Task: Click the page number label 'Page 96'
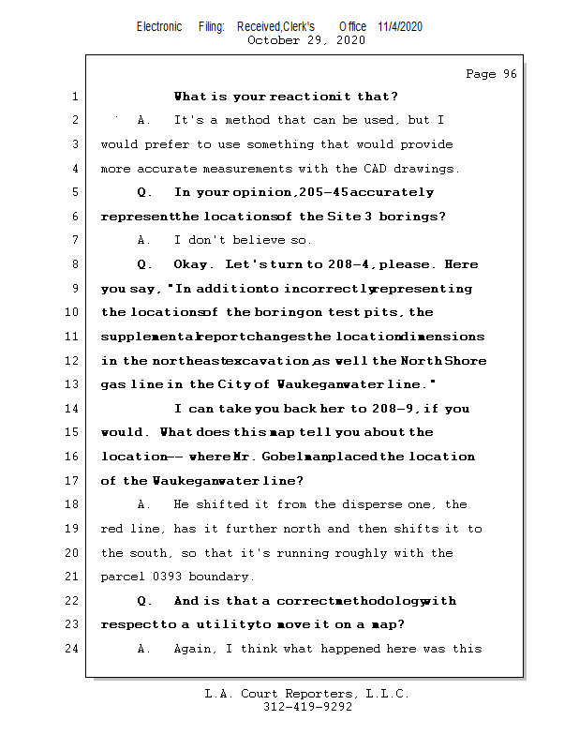pyautogui.click(x=491, y=74)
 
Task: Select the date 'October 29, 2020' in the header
pyautogui.click(x=305, y=40)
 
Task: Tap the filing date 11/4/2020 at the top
pyautogui.click(x=400, y=26)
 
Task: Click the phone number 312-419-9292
pyautogui.click(x=306, y=707)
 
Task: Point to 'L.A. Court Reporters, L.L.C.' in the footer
pyautogui.click(x=306, y=694)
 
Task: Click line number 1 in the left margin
pyautogui.click(x=74, y=97)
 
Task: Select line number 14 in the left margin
pyautogui.click(x=74, y=409)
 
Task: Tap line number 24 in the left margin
pyautogui.click(x=74, y=649)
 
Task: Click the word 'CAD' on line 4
pyautogui.click(x=374, y=169)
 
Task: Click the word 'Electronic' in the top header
pyautogui.click(x=159, y=26)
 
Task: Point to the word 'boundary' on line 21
pyautogui.click(x=218, y=577)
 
